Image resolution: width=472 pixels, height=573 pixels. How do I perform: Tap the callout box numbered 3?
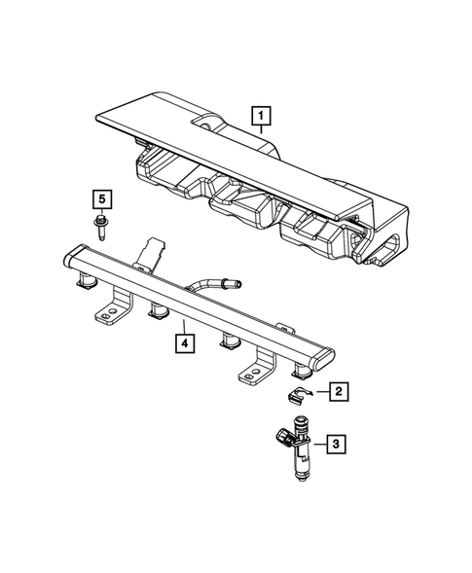(x=336, y=445)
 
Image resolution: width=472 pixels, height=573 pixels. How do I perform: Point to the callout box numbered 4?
(x=182, y=342)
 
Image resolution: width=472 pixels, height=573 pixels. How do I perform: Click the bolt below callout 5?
(x=102, y=230)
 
